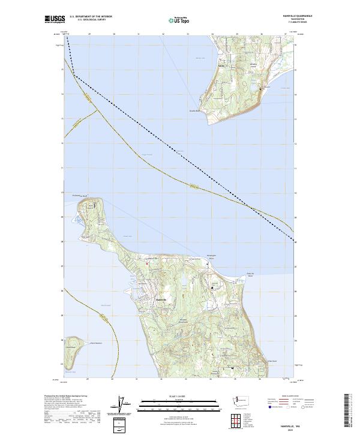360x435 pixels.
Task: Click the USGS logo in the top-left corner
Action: (55, 19)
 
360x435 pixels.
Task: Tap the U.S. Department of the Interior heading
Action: (91, 17)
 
